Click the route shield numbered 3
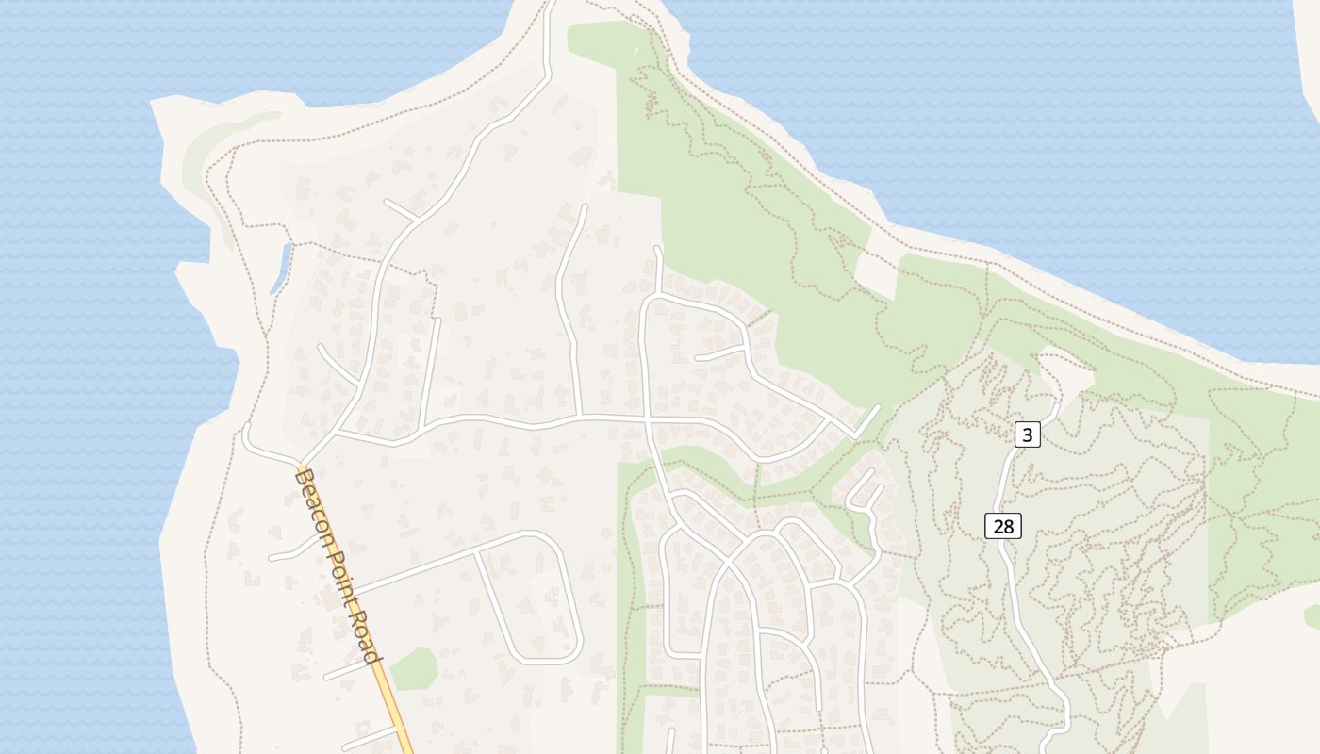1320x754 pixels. point(1028,434)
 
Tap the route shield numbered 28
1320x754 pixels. point(1003,526)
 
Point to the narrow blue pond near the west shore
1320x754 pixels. point(281,268)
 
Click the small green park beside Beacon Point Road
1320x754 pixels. point(414,669)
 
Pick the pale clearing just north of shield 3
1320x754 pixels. point(1065,372)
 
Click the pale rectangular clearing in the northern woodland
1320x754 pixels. point(875,273)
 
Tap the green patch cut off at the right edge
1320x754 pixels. point(1312,617)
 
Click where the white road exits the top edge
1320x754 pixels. point(550,4)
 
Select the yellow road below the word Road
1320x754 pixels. point(397,707)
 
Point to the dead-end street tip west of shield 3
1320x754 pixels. point(879,408)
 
